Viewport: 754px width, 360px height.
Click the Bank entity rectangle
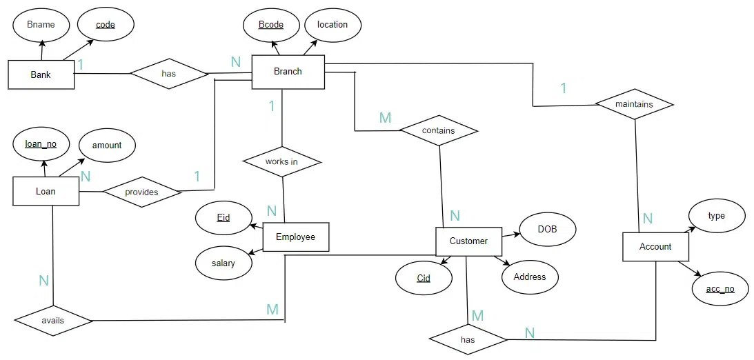click(x=41, y=74)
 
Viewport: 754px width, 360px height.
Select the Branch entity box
click(x=288, y=72)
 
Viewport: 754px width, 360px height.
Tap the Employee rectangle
click(x=296, y=237)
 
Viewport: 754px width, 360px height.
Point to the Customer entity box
click(x=468, y=241)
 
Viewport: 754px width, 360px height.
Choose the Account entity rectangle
click(x=655, y=247)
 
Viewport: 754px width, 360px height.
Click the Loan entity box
click(x=46, y=191)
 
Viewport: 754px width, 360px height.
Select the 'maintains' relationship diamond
click(x=633, y=105)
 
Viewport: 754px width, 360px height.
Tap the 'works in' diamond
click(x=282, y=162)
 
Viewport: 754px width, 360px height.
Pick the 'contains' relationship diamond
click(x=438, y=130)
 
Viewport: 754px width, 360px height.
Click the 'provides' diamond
click(x=141, y=192)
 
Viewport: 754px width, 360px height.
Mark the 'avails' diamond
click(x=53, y=321)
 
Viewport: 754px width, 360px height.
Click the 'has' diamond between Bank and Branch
click(x=168, y=73)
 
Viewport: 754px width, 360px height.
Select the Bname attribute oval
click(x=41, y=25)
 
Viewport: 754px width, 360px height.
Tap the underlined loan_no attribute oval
click(x=41, y=145)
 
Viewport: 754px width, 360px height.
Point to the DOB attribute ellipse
click(x=547, y=229)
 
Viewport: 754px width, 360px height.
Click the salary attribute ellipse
click(x=224, y=263)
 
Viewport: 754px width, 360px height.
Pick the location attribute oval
click(x=333, y=25)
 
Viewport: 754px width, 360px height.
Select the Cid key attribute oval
click(x=424, y=279)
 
